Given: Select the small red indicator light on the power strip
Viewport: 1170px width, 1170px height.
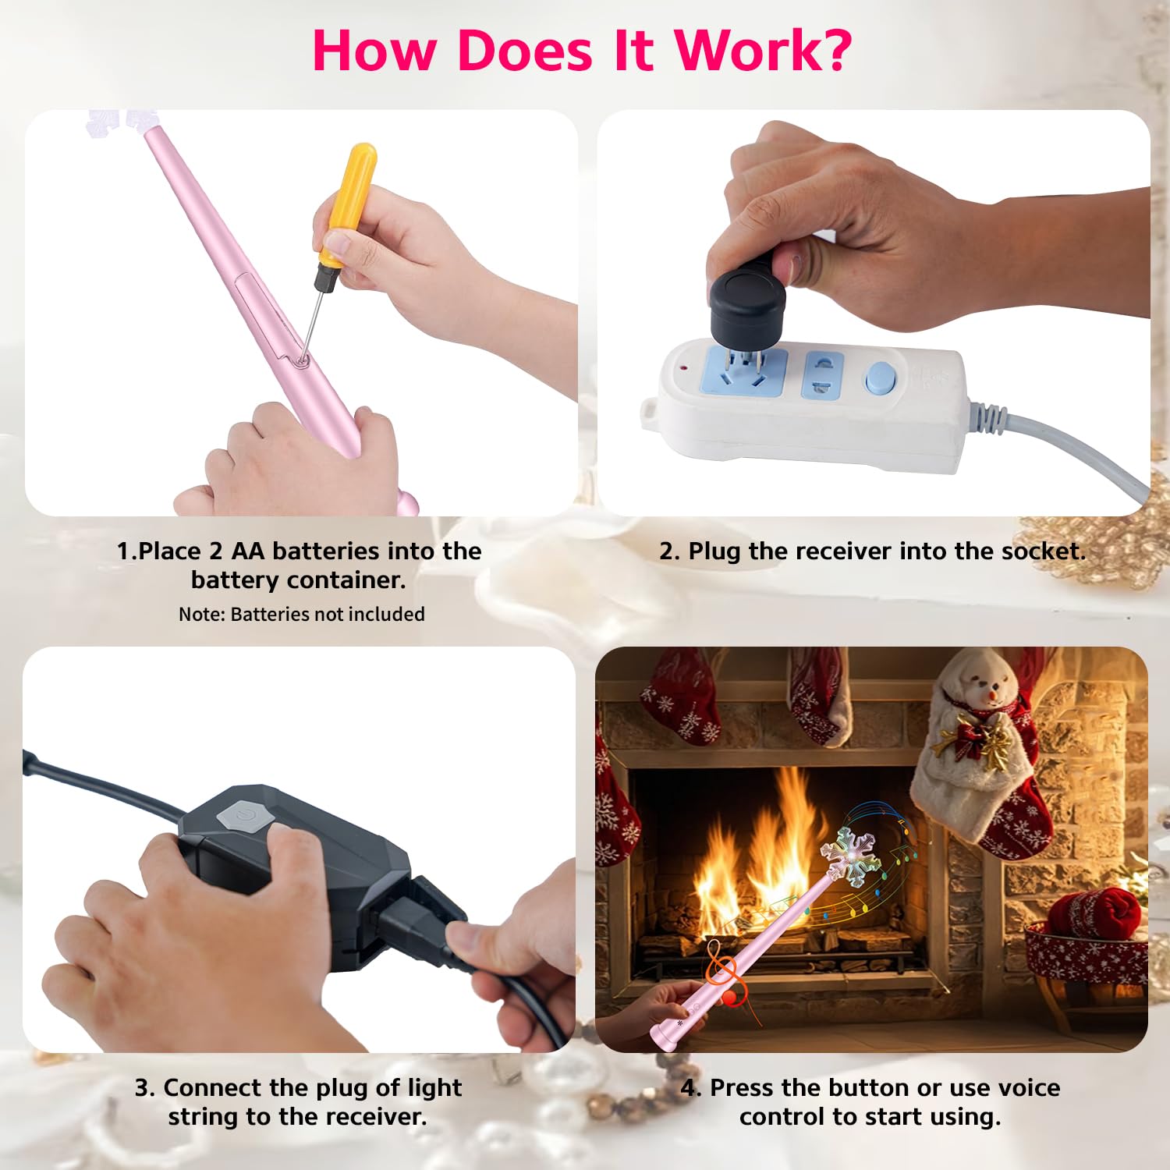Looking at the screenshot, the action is [x=684, y=367].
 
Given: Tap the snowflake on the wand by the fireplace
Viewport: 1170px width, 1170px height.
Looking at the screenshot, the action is [x=853, y=855].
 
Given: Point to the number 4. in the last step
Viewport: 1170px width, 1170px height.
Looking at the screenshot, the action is [x=691, y=1088].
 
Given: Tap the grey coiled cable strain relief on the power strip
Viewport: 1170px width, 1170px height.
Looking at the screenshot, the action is [x=987, y=414].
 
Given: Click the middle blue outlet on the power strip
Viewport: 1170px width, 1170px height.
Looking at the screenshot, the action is [x=825, y=375].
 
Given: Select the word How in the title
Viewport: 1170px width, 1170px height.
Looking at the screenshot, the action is [x=373, y=51].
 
